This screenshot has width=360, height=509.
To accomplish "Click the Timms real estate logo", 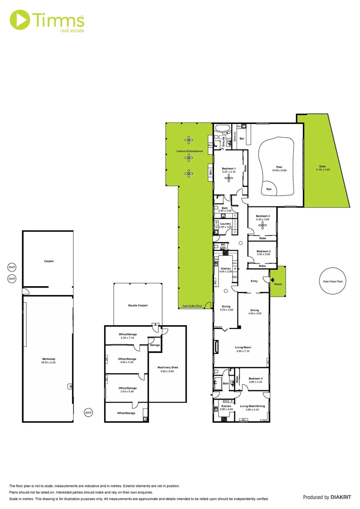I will tap(47, 21).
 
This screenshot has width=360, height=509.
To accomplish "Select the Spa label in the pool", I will tap(269, 189).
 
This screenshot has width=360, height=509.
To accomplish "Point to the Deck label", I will tap(322, 166).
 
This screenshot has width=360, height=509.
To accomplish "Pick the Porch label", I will tap(278, 284).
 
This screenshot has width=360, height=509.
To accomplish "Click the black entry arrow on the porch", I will tap(272, 279).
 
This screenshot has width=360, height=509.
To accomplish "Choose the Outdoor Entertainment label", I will tap(189, 151).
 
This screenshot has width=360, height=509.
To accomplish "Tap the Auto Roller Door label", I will tap(192, 306).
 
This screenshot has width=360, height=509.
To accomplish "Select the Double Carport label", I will tap(138, 305).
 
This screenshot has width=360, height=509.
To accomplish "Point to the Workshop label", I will tap(49, 359).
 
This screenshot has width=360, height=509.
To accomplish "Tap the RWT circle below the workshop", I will tap(88, 412).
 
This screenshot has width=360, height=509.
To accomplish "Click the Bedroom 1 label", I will tap(229, 169).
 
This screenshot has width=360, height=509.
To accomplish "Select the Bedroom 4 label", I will tap(255, 379).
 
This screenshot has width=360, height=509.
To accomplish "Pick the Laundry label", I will tap(226, 224).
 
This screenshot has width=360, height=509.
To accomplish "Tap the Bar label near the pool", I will tap(242, 139).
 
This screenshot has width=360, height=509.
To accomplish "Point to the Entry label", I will tap(254, 281).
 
